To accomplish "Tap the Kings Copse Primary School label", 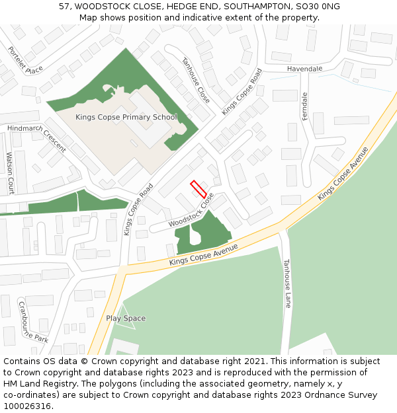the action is coord(126,118).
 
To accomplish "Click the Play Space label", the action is coord(126,319).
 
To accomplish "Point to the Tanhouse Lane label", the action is coord(287,283).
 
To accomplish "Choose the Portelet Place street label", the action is coord(25,60).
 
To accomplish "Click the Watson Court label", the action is coord(10,173).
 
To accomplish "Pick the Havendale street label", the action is coord(304,69).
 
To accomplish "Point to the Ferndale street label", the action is coord(305,106).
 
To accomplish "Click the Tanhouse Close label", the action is coord(197,80).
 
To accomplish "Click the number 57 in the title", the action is coord(64,6).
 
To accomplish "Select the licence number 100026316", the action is coord(27,406).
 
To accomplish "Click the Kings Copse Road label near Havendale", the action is coord(242,92).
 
